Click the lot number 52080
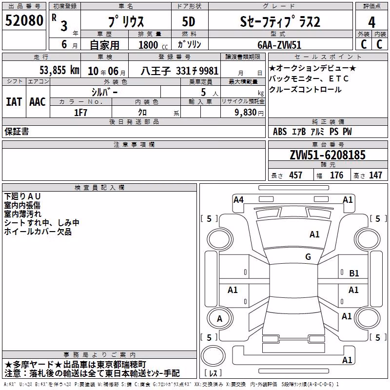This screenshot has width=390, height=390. pos(24,20)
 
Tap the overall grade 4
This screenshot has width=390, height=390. pos(371,22)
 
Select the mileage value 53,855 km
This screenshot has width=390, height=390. pos(59,70)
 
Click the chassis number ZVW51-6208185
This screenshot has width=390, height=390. pos(328,155)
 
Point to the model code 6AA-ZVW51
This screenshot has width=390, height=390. pos(279,45)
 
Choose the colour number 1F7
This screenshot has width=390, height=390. pos(80,113)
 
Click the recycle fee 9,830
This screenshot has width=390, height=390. pos(246,113)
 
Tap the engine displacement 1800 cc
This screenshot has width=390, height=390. pos(153,45)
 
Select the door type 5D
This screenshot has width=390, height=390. pos(189,22)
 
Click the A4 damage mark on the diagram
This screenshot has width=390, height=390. pos(238,200)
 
